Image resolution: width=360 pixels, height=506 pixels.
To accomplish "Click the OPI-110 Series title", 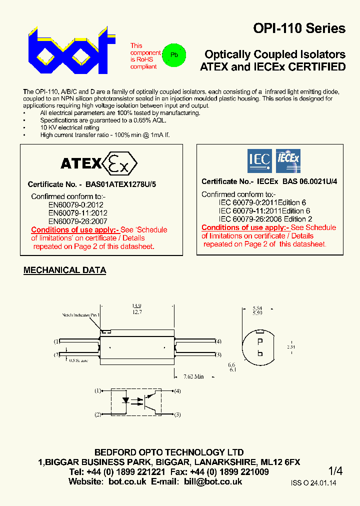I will pyautogui.click(x=299, y=28).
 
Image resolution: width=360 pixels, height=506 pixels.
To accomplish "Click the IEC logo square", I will pyautogui.click(x=259, y=160).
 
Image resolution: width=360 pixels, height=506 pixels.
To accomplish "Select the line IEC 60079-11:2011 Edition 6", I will pyautogui.click(x=264, y=211).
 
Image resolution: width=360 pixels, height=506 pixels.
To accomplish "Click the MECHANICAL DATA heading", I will pyautogui.click(x=65, y=270).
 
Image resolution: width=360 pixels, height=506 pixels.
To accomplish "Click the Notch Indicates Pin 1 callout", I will pyautogui.click(x=81, y=315).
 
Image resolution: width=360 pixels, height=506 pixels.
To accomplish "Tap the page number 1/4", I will pyautogui.click(x=335, y=471).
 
